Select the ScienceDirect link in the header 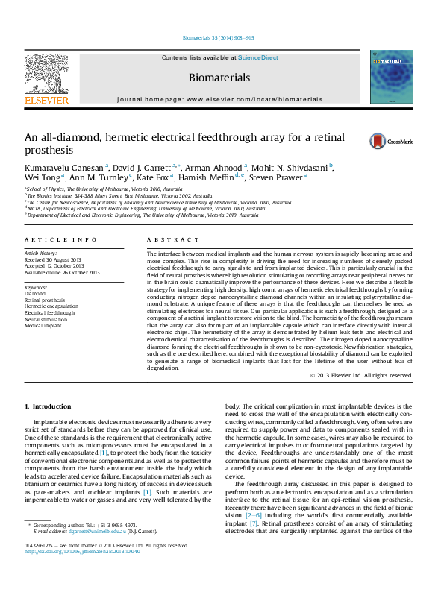[258, 57]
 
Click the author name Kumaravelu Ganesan [64, 167]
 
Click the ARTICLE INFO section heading [60, 239]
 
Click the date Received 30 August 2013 [54, 259]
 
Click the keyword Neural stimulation [49, 319]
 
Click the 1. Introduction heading [48, 406]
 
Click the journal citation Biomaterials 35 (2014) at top [219, 37]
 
